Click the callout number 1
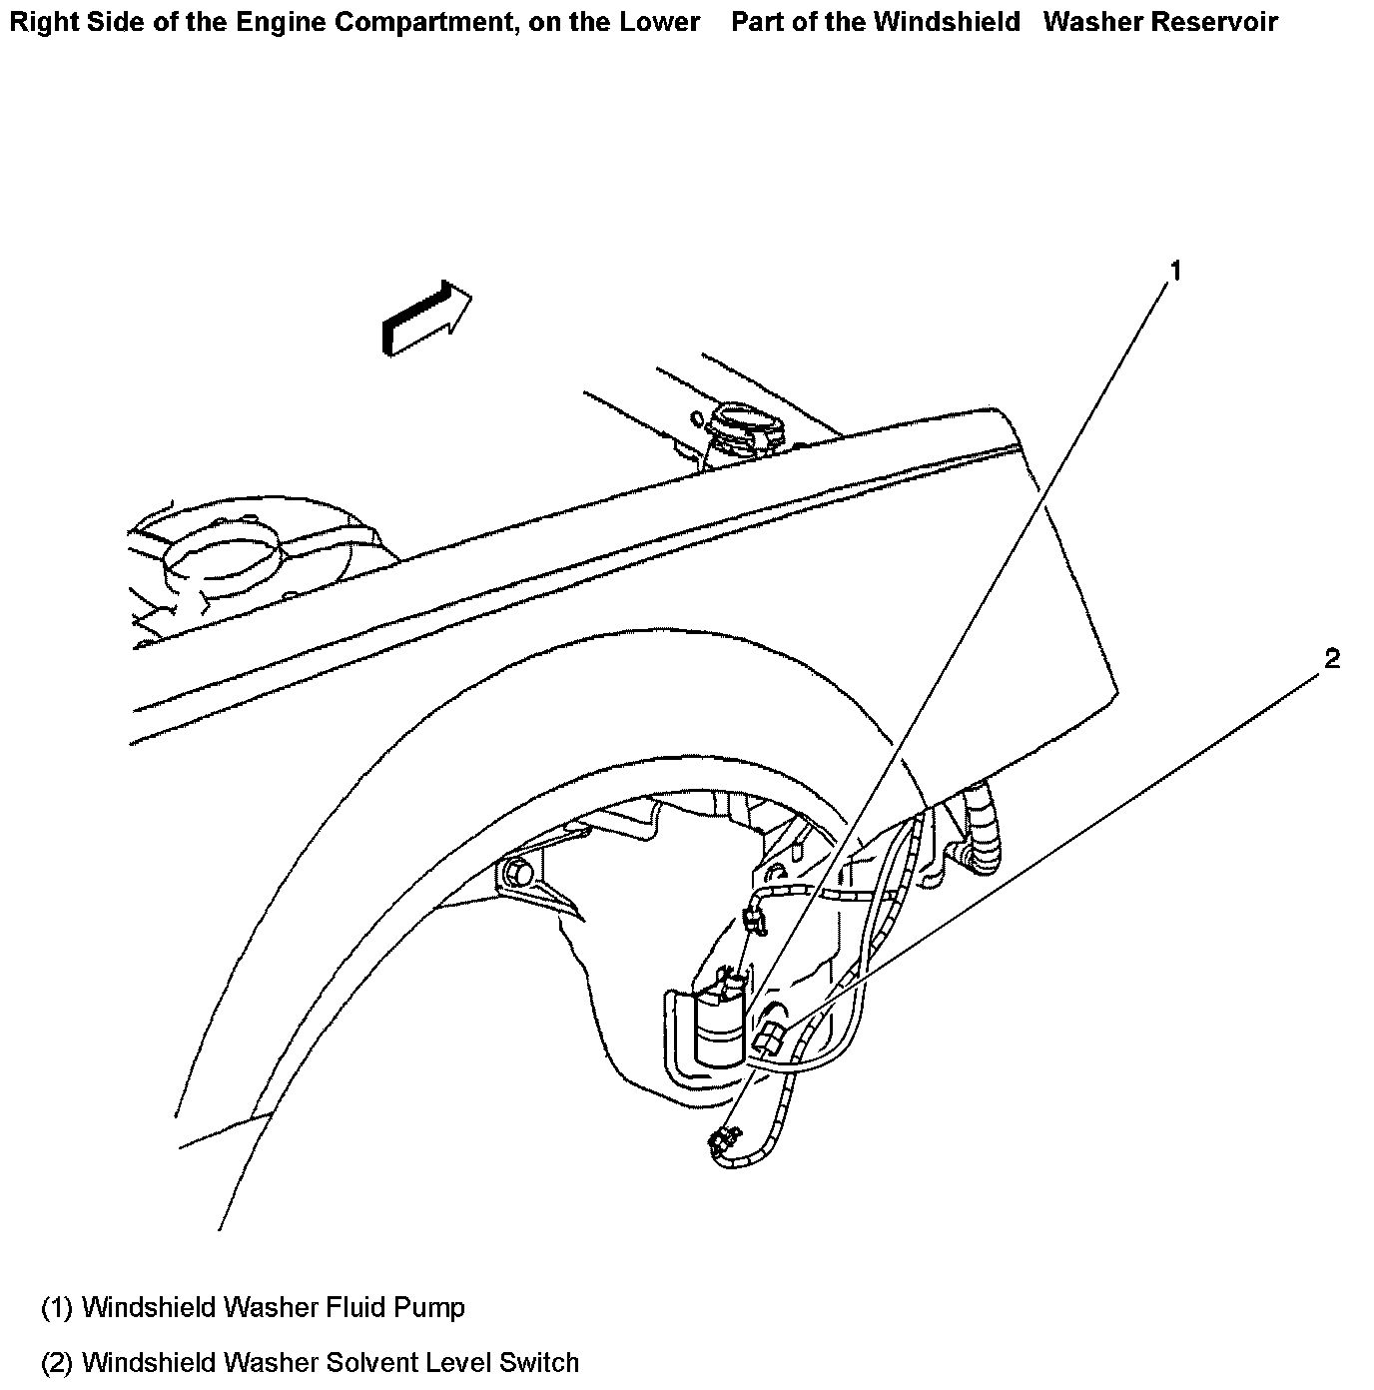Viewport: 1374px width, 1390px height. [1175, 272]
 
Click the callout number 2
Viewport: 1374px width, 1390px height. [1331, 659]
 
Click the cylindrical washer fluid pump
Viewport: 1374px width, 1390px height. [720, 1028]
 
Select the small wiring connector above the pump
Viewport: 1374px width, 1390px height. [756, 917]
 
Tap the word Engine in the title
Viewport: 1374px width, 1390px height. [282, 22]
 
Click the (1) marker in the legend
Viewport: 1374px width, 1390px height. [57, 1307]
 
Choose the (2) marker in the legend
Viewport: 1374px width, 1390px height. [57, 1362]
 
